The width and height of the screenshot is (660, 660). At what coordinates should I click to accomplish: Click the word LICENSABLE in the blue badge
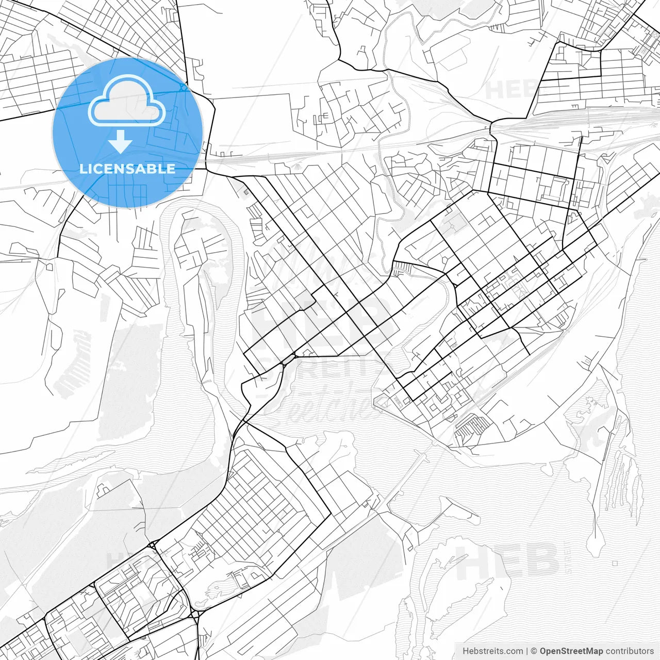(x=127, y=169)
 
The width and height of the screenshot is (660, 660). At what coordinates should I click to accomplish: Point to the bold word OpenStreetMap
(x=571, y=651)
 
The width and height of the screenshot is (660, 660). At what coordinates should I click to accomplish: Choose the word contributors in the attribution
(x=630, y=651)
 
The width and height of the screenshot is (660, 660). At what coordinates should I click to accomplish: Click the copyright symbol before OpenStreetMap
(x=534, y=651)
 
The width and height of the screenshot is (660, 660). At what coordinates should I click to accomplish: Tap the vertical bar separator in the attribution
(x=526, y=651)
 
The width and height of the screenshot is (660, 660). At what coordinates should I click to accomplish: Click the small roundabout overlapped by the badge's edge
(x=184, y=88)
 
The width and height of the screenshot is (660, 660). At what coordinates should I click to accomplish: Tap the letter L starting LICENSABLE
(x=82, y=169)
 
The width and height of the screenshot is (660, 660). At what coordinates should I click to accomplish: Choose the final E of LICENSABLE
(x=171, y=169)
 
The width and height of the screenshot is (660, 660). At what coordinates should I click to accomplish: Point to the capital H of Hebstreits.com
(x=466, y=651)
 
